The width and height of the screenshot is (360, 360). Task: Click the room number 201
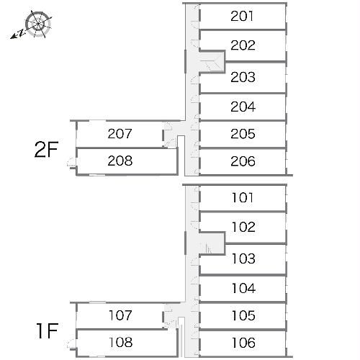242,17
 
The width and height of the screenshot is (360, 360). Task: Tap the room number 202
243,45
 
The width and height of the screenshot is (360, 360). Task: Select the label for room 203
243,77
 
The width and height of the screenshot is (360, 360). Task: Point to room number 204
243,107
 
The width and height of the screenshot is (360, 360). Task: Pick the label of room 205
243,134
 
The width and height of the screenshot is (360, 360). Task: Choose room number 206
243,161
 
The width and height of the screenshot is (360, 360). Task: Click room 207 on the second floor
120,134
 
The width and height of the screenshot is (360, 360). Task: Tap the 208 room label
120,161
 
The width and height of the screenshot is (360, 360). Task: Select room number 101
243,198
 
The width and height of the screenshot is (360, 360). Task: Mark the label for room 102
243,227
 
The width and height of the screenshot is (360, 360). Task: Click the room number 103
243,258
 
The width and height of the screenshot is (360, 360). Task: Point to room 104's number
243,288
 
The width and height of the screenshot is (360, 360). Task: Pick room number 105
243,315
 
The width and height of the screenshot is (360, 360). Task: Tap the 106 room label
243,343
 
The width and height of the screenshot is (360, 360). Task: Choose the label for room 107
120,315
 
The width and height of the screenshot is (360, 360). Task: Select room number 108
120,343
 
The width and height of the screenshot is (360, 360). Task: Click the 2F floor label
47,150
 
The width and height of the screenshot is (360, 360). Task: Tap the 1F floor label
48,331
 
